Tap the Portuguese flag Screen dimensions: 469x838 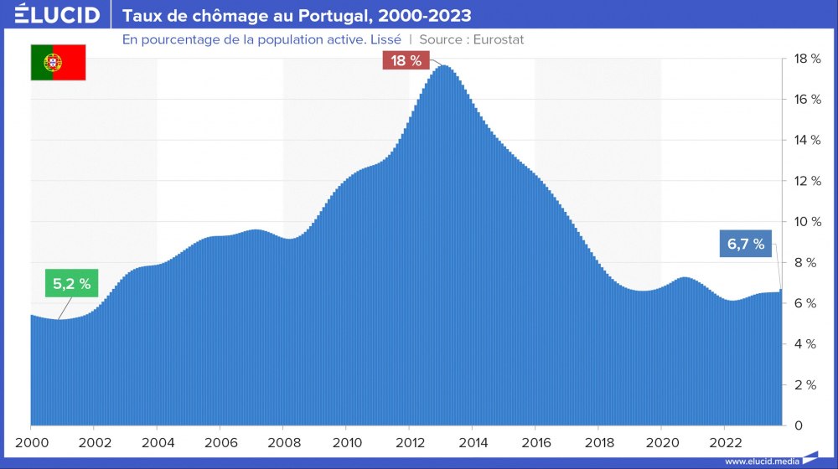pyautogui.click(x=59, y=64)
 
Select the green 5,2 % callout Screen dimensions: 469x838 pyautogui.click(x=71, y=284)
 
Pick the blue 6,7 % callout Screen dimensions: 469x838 pyautogui.click(x=745, y=245)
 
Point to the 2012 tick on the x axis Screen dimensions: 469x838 pyautogui.click(x=409, y=443)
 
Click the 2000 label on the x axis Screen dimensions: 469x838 pyautogui.click(x=31, y=443)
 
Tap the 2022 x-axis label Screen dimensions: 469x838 pyautogui.click(x=724, y=443)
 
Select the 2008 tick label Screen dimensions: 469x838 pyautogui.click(x=283, y=443)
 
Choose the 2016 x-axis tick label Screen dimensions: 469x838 pyautogui.click(x=535, y=443)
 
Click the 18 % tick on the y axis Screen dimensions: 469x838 pyautogui.click(x=806, y=59)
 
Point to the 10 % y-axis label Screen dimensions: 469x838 pyautogui.click(x=806, y=222)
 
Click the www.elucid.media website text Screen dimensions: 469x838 pyautogui.click(x=762, y=461)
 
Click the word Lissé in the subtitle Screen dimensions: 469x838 pyautogui.click(x=382, y=39)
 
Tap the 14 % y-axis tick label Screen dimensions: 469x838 pyautogui.click(x=806, y=140)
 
